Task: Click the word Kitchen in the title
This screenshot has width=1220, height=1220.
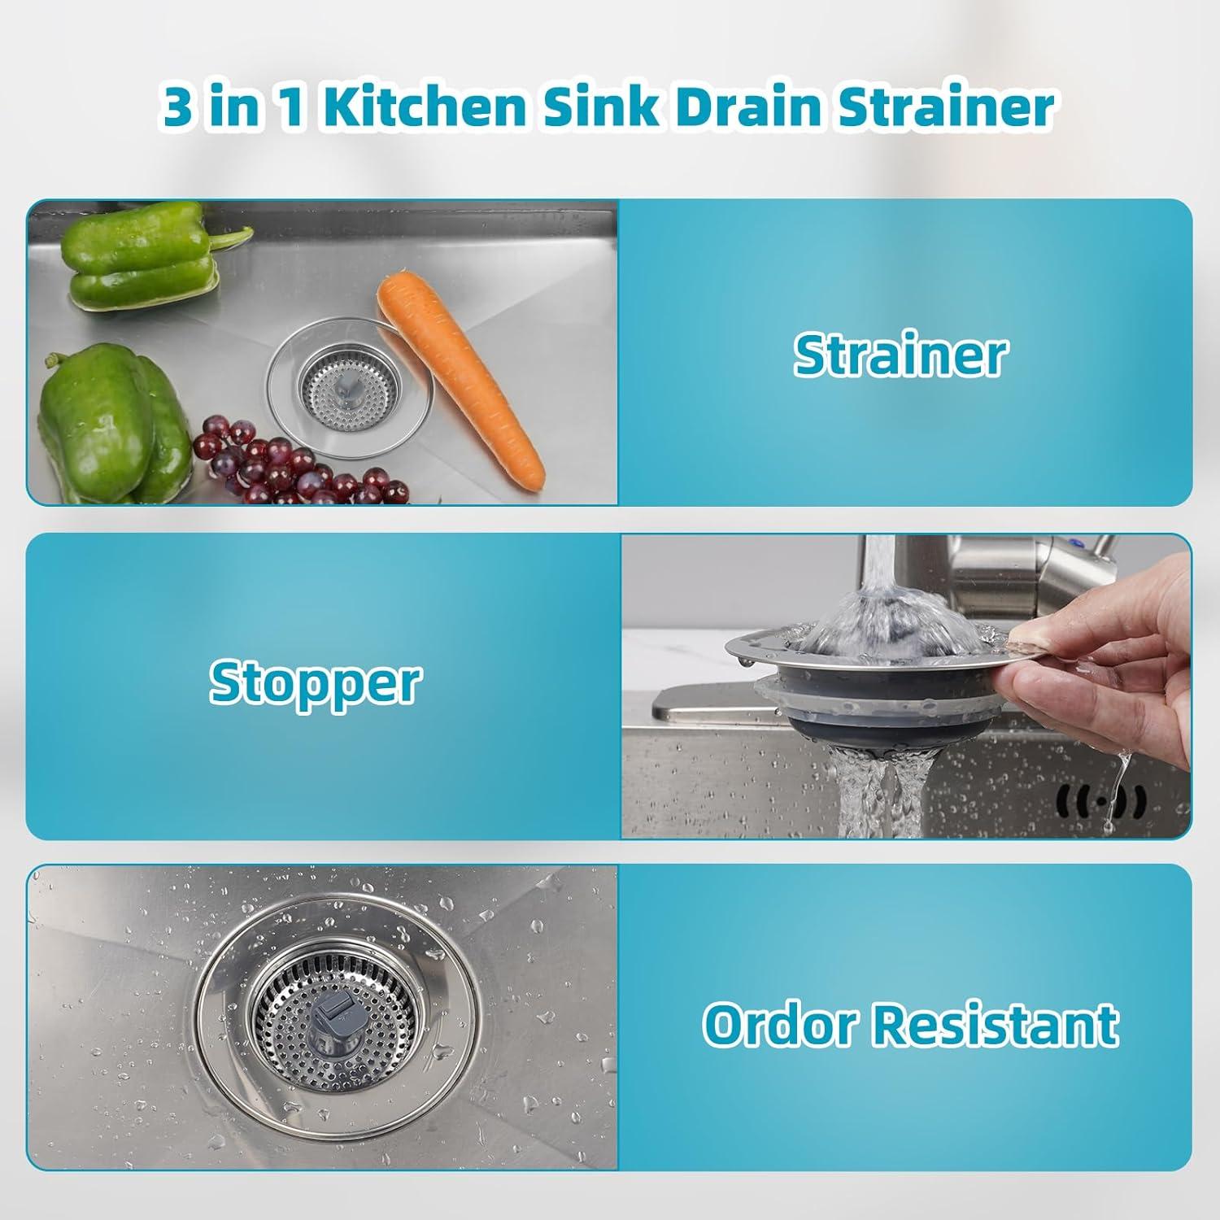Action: coord(429,108)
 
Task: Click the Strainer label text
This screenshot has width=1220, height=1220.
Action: coord(900,355)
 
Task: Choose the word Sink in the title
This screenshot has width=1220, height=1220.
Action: coord(594,108)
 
